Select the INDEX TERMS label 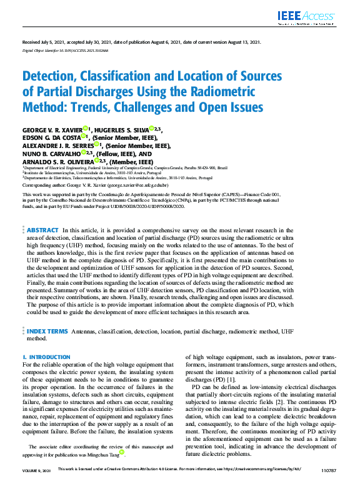47,330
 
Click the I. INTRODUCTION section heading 46,357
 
